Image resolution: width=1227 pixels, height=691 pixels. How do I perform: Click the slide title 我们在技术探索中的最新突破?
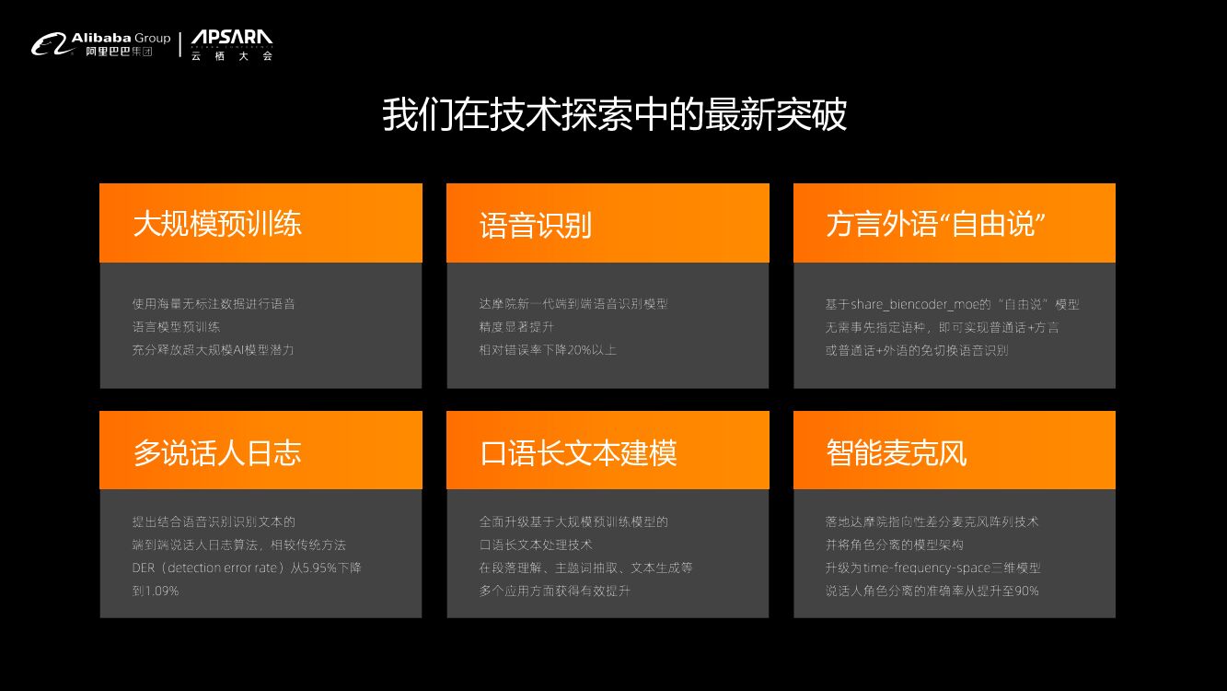(614, 116)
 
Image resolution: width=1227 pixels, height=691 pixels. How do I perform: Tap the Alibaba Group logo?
(101, 43)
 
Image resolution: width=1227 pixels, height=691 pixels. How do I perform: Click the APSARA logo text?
(232, 39)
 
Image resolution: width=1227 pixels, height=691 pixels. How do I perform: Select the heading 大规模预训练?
(217, 224)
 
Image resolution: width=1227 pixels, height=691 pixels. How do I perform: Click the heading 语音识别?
(535, 225)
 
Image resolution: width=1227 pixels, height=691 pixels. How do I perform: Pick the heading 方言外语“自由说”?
(935, 224)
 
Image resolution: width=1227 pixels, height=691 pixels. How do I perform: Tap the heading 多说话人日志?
(217, 452)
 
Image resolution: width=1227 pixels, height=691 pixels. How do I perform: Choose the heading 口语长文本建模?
(578, 452)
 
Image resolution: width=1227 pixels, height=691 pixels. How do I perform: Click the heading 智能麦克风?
(896, 452)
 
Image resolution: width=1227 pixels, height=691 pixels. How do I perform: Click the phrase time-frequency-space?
(932, 568)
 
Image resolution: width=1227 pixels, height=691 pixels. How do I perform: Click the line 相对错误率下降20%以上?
(548, 350)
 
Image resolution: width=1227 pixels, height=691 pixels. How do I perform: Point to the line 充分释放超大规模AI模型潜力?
(213, 350)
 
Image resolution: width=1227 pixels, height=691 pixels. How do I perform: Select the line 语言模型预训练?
(176, 327)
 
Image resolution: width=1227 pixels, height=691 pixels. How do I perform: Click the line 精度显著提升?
(516, 327)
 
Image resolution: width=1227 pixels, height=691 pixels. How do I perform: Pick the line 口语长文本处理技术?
(535, 545)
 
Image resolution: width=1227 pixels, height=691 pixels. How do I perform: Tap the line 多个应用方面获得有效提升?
(554, 591)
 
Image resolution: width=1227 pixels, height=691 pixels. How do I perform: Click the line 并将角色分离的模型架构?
(894, 545)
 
